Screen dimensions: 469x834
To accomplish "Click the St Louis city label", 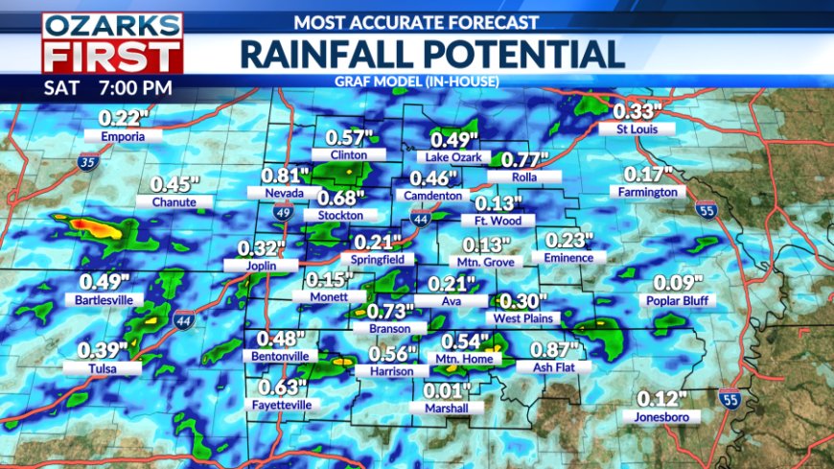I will tap(635, 129).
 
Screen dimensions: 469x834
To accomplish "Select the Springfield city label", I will tap(382, 259).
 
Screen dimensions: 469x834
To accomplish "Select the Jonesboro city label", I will tap(660, 416).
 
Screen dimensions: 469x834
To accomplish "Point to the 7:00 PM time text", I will tap(137, 88).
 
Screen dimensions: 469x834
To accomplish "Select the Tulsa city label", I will tap(103, 366).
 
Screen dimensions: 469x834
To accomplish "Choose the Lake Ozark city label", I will tap(457, 157).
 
